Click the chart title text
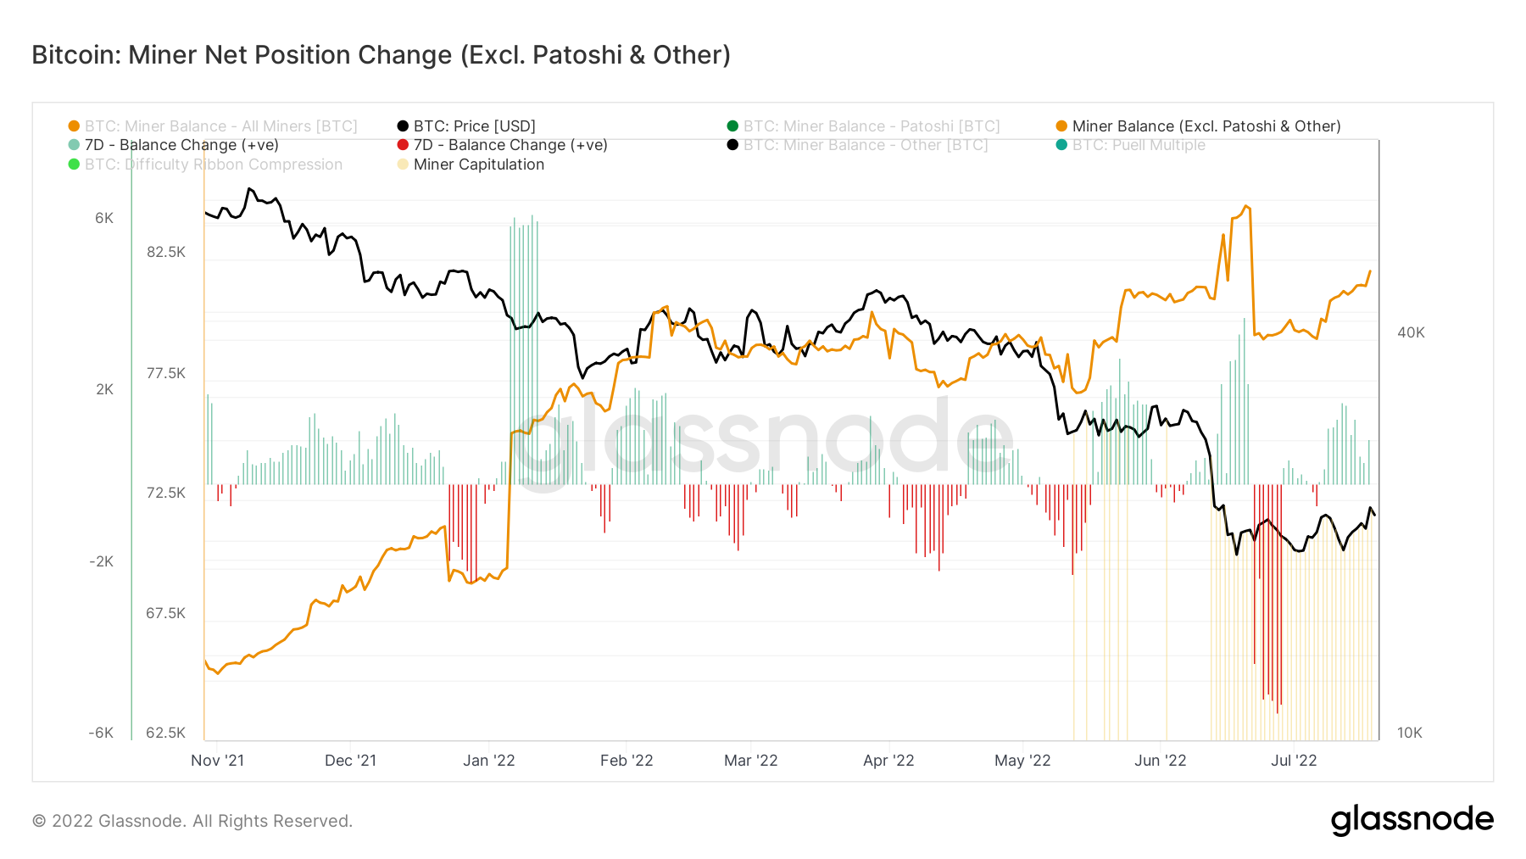(381, 55)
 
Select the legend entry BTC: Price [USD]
(474, 126)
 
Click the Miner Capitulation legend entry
(478, 165)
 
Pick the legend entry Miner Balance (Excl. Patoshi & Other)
(1206, 126)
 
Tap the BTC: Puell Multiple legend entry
(1138, 145)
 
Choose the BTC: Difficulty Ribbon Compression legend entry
(213, 165)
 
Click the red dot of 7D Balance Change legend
(403, 145)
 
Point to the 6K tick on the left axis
(104, 218)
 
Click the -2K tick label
(101, 561)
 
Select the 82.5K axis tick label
(165, 252)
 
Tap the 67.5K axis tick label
(165, 613)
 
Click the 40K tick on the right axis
(1411, 332)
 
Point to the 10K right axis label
(1409, 733)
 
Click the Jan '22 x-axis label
(488, 761)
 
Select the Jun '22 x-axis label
(1160, 761)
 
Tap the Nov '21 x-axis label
(217, 761)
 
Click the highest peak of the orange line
(1245, 206)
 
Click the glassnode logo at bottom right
(1412, 820)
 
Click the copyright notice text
(192, 821)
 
